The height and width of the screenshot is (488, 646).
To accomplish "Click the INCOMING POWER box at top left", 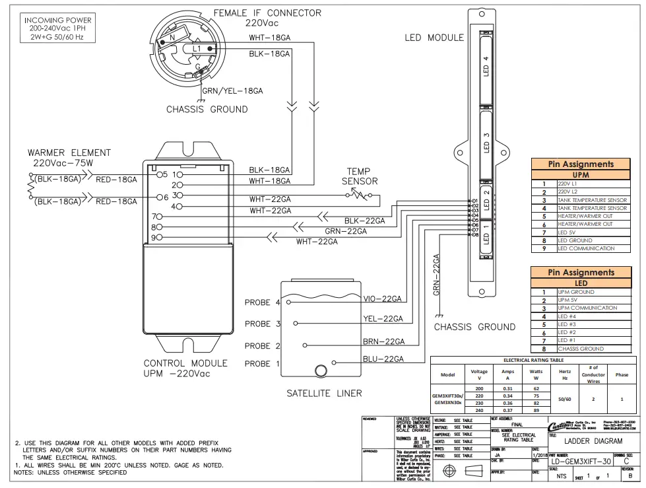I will point(58,29).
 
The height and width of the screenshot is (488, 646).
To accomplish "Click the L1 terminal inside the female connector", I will point(197,49).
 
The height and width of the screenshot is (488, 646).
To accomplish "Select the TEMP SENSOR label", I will point(359,176).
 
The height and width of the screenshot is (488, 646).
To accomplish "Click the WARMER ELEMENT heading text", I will point(69,153).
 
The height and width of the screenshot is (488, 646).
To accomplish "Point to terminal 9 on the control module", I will point(156,237).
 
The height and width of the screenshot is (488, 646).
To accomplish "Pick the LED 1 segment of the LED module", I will point(486,234).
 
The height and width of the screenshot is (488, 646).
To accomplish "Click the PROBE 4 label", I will point(262,302).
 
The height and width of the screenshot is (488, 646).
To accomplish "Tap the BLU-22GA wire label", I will point(383,359).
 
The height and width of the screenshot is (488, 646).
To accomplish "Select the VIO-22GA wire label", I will point(383,299).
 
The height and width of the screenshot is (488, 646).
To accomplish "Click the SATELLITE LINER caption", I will point(324,394).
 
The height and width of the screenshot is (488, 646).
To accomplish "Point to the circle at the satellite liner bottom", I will point(322,370).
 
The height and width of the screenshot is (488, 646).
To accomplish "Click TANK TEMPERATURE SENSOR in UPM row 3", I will point(592,200).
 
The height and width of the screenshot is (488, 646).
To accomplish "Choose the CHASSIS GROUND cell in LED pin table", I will point(581,349).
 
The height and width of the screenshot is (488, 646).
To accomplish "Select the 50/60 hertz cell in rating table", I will point(565,400).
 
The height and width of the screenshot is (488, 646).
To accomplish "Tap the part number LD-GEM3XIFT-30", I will point(581,462).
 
